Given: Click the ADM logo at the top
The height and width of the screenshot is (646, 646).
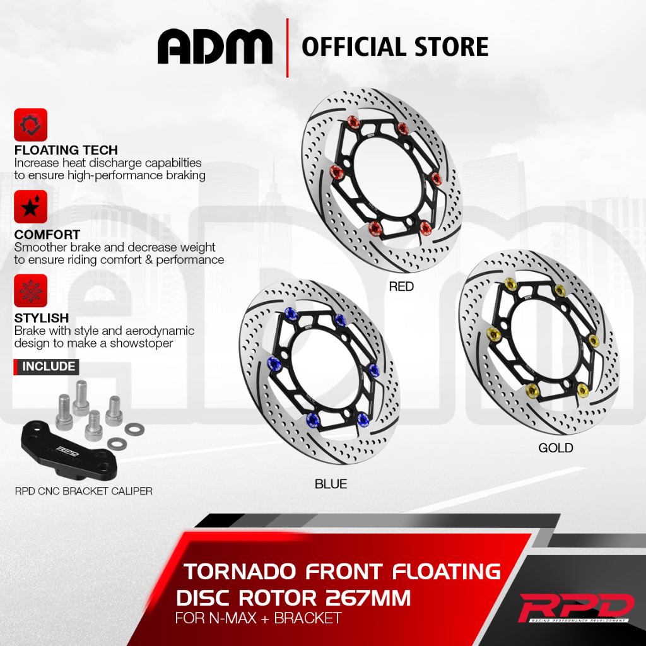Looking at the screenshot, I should (x=215, y=47).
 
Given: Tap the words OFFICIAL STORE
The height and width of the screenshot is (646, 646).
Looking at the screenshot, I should (x=395, y=47).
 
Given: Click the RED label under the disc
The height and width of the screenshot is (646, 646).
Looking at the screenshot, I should (x=401, y=286).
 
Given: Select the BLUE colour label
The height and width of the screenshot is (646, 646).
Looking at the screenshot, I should (x=331, y=484).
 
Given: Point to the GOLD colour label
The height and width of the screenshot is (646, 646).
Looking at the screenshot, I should (x=556, y=448).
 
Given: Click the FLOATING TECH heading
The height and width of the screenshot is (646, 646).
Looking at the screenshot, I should (x=66, y=150).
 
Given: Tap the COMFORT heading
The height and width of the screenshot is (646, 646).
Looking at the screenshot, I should (x=47, y=235).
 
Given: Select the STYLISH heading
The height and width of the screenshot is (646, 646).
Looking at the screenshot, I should (x=42, y=319).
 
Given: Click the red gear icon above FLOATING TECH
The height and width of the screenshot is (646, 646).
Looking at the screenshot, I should (x=30, y=125).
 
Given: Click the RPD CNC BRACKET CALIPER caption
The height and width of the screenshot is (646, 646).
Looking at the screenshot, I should (x=84, y=490).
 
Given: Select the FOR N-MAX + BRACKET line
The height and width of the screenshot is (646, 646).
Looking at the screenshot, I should (x=258, y=618).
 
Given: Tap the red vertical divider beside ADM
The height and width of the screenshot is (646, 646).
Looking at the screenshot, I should (x=287, y=48).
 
